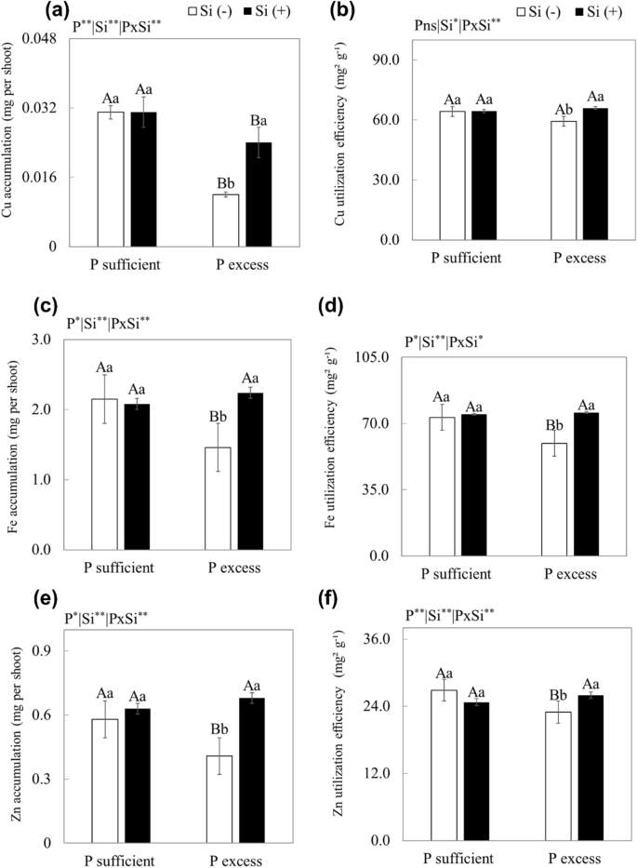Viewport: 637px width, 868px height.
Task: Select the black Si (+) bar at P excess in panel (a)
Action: [259, 194]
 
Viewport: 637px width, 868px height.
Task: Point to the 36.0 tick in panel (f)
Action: [385, 639]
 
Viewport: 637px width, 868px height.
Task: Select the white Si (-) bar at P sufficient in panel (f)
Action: [444, 765]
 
